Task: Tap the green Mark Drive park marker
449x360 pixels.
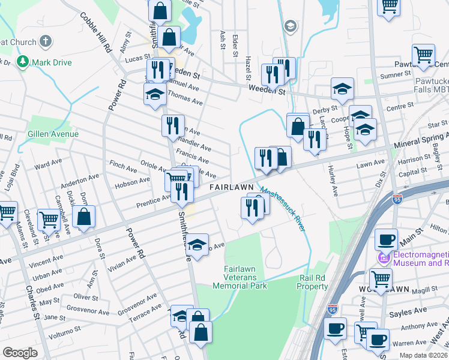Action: click(23, 62)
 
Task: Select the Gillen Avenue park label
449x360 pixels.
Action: click(52, 134)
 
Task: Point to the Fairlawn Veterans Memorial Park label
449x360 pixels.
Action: click(245, 277)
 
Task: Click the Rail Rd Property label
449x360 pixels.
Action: click(313, 282)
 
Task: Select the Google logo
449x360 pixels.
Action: click(20, 353)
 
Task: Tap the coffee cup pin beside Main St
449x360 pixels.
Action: click(386, 239)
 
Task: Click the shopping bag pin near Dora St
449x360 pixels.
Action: click(84, 217)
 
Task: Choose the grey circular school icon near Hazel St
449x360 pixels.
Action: click(291, 26)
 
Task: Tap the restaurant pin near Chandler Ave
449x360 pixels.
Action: click(172, 125)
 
